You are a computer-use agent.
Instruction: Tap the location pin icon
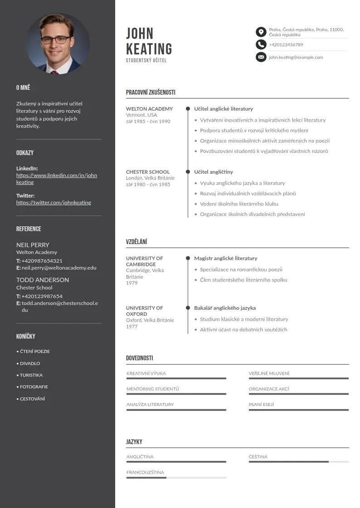coord(261,32)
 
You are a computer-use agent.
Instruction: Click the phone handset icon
coord(261,44)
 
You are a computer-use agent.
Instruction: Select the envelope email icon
coord(261,57)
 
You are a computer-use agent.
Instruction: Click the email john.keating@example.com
coord(296,58)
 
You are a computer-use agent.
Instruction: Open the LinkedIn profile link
coord(57,179)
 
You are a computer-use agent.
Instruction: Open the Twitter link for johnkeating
coord(54,203)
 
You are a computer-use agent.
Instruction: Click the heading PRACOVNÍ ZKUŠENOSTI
coord(151,93)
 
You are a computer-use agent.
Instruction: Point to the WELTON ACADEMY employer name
coord(149,109)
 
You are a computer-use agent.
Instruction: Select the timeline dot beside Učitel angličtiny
coord(188,172)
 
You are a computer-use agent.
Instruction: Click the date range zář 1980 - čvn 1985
coord(148,185)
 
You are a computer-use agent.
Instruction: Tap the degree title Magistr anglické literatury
coord(225,259)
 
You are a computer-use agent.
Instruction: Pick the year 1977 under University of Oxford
coord(131,327)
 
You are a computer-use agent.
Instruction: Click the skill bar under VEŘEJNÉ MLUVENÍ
coord(298,378)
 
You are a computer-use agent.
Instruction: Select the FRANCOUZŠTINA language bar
coord(176,478)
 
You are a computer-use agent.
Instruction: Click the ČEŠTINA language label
coord(258,457)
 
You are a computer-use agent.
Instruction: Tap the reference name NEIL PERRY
coord(33,245)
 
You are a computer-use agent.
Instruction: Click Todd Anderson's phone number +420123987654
coord(42,297)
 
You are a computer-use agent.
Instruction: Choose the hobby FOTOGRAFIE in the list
coord(34,387)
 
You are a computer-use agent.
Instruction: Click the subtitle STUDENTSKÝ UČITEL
coord(146,60)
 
